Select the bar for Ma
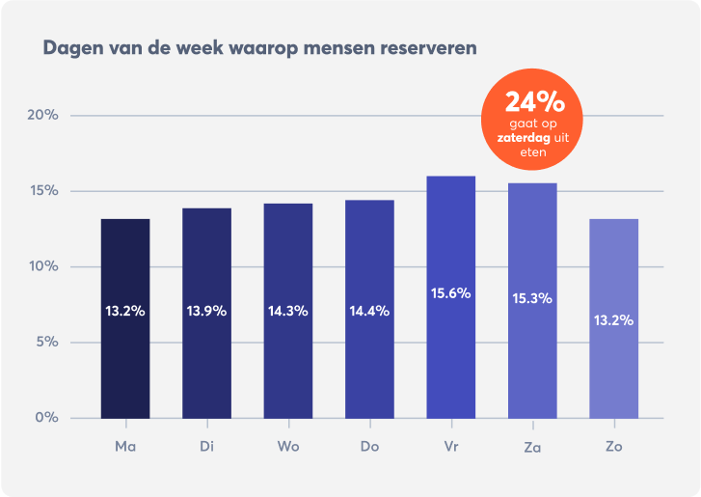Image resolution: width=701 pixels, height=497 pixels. (125, 318)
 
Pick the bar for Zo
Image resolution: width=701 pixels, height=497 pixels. (614, 318)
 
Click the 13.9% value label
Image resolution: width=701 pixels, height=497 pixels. (206, 311)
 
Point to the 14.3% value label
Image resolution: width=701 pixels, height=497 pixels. (288, 311)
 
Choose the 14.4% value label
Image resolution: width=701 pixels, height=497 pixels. (369, 311)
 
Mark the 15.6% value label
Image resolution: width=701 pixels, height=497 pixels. (451, 292)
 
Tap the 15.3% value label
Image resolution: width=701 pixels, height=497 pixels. (532, 298)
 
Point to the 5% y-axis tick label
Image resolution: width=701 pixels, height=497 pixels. (47, 343)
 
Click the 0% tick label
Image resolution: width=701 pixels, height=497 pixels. (47, 418)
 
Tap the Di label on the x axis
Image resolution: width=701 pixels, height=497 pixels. (206, 446)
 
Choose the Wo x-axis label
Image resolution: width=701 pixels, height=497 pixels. (288, 446)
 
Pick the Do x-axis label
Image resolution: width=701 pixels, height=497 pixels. (369, 446)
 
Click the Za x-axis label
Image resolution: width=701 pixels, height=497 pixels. (532, 446)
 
